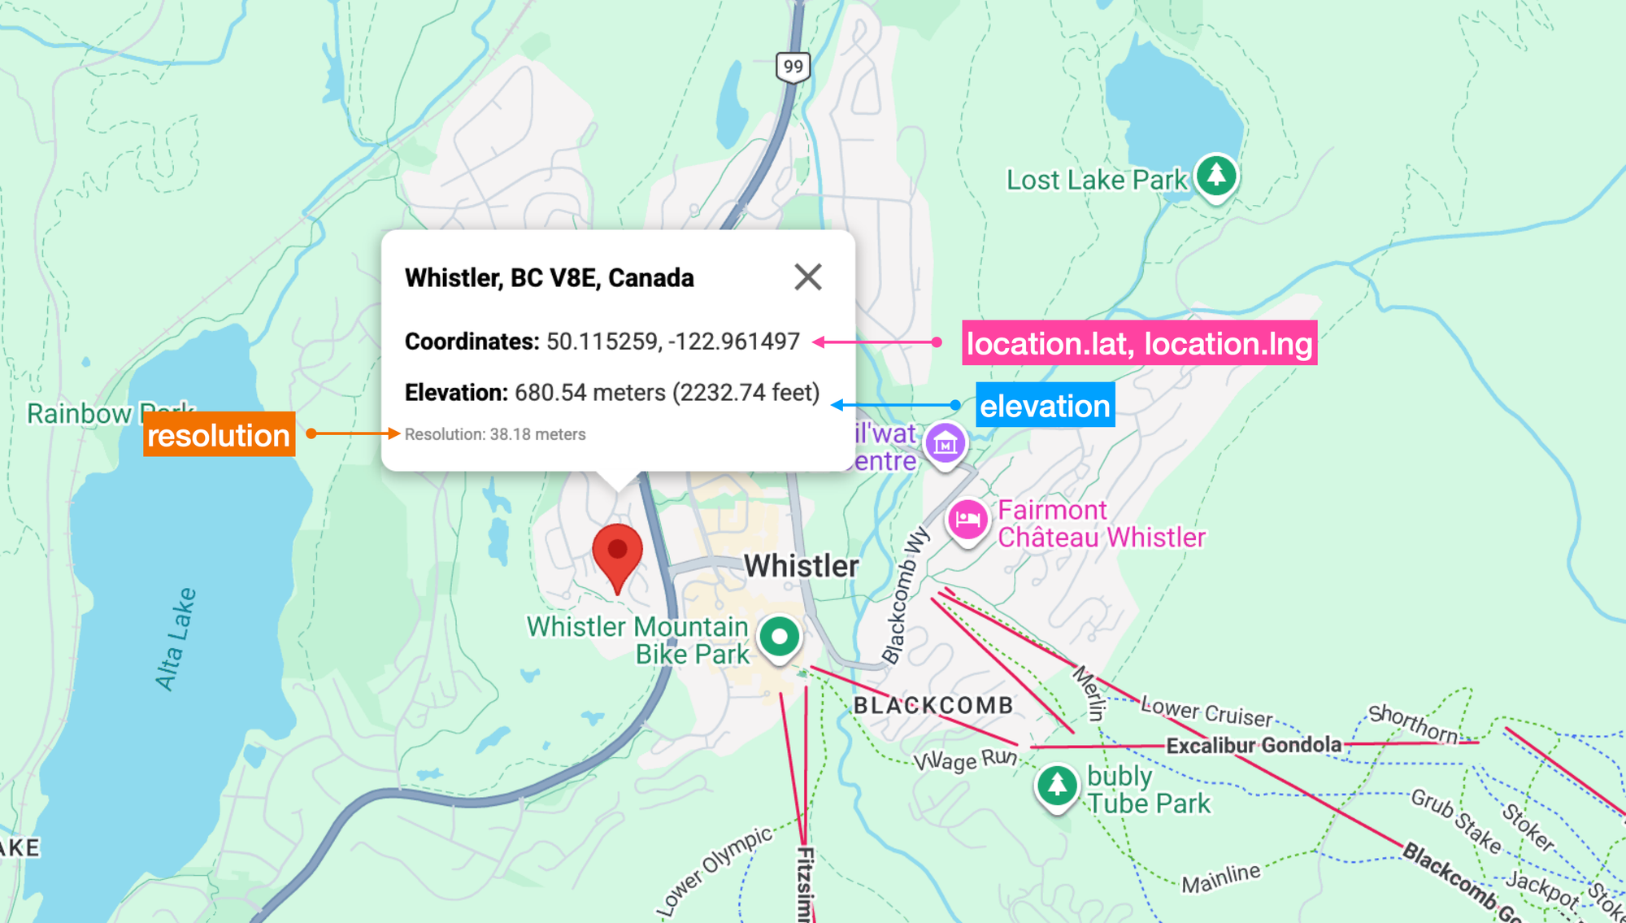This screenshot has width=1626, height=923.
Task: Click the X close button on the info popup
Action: click(x=807, y=277)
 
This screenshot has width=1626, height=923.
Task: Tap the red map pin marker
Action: click(x=617, y=553)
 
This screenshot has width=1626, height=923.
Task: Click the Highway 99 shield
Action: click(x=793, y=67)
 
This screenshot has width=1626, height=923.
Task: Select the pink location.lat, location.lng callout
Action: click(x=1139, y=343)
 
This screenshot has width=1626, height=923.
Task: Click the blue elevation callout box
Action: click(x=1045, y=405)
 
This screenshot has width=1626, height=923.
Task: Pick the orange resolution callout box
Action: click(x=219, y=434)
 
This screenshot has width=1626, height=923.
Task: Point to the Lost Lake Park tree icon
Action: click(x=1216, y=174)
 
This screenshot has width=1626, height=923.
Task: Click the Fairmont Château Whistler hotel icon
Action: click(x=967, y=519)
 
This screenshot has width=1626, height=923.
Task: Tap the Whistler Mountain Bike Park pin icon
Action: click(x=780, y=637)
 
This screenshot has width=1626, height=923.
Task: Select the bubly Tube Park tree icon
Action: click(x=1056, y=785)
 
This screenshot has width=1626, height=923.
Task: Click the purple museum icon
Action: click(x=945, y=443)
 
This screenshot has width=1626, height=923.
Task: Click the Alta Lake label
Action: click(x=176, y=639)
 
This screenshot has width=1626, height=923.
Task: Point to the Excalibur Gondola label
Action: click(x=1254, y=745)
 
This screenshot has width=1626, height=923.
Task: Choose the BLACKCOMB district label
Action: click(x=933, y=705)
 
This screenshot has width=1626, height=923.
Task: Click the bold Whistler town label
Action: click(x=801, y=566)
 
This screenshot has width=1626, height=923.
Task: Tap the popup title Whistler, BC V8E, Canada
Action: click(x=550, y=278)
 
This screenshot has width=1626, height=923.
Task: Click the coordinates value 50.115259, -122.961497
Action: click(x=673, y=342)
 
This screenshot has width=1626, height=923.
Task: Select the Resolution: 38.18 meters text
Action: click(x=495, y=434)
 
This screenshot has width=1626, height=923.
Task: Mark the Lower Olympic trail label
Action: click(x=715, y=870)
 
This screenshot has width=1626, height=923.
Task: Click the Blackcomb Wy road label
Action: click(x=904, y=594)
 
